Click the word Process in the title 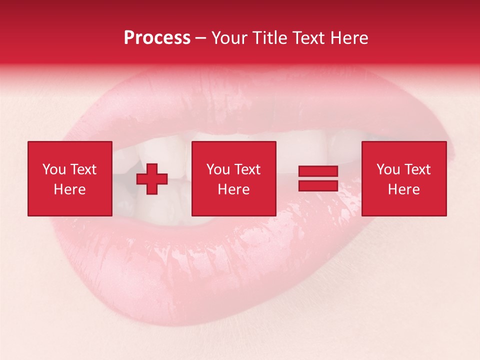click(x=157, y=38)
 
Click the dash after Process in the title click(x=201, y=38)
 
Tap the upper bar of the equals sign click(x=318, y=171)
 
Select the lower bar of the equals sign click(x=318, y=186)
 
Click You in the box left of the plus click(x=54, y=169)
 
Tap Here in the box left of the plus click(x=69, y=189)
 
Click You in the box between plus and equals click(x=218, y=169)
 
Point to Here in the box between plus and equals click(x=233, y=189)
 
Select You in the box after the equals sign click(x=388, y=169)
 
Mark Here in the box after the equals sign click(x=403, y=189)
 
